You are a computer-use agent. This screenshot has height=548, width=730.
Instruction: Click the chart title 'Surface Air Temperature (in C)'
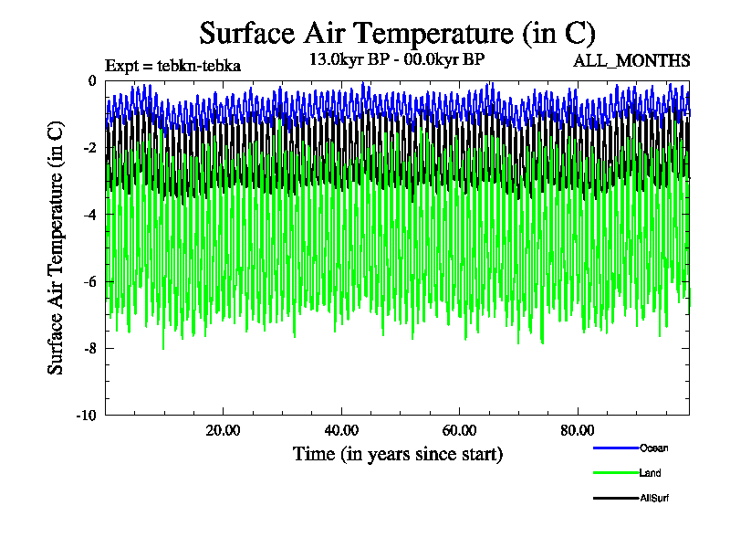(x=397, y=34)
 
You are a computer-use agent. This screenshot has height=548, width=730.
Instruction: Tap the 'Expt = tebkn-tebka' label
(x=172, y=66)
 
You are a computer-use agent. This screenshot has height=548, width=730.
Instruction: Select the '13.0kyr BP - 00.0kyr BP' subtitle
(x=397, y=59)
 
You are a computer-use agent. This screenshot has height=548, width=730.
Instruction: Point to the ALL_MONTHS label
(x=631, y=61)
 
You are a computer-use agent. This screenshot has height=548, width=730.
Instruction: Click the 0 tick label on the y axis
(x=91, y=81)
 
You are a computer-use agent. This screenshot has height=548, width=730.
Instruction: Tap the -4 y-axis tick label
(x=89, y=215)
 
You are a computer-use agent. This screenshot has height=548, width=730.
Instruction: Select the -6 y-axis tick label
(x=89, y=281)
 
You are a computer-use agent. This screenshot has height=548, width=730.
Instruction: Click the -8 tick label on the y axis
(x=89, y=348)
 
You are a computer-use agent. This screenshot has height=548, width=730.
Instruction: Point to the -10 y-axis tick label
(x=86, y=416)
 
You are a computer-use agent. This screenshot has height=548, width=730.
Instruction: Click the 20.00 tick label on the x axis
(x=223, y=430)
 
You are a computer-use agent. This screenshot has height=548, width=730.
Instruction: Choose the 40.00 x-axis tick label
(x=341, y=430)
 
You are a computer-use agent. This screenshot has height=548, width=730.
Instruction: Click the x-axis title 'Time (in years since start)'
(x=397, y=454)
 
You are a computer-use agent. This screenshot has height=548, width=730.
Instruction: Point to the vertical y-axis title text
(x=57, y=247)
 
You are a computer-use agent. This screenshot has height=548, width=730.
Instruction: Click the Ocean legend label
(x=653, y=448)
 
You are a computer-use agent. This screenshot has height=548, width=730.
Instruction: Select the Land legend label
(x=651, y=473)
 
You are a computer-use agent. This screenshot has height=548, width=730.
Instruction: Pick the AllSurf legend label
(x=655, y=498)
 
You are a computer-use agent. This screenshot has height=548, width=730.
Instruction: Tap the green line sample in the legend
(x=614, y=473)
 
